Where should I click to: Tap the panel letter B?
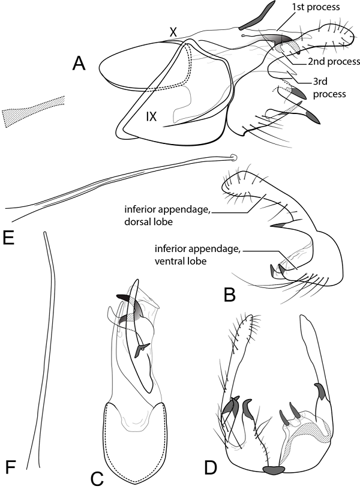click(x=230, y=294)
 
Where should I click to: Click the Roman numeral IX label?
click(x=151, y=117)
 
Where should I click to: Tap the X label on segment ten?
click(x=173, y=32)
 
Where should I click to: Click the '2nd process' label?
click(x=334, y=62)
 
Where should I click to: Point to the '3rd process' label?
click(x=329, y=88)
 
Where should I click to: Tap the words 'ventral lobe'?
click(x=181, y=261)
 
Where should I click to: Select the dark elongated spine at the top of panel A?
click(x=257, y=16)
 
